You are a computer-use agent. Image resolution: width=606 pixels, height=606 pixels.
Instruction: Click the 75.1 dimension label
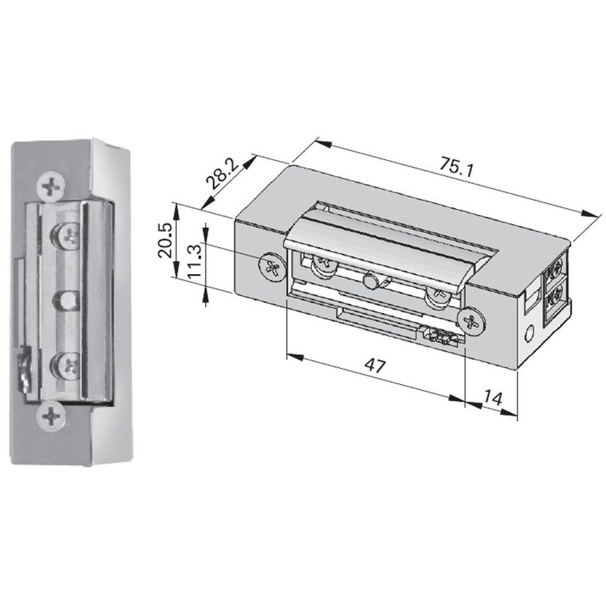456,167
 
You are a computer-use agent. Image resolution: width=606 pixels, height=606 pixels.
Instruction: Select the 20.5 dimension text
165,240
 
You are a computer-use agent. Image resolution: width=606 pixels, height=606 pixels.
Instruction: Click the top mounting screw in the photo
51,188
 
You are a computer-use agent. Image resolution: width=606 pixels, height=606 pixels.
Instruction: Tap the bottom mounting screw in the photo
50,417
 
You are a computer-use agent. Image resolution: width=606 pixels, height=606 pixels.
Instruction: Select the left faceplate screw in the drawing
272,267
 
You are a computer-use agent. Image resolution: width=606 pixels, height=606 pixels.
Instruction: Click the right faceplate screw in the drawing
472,320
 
